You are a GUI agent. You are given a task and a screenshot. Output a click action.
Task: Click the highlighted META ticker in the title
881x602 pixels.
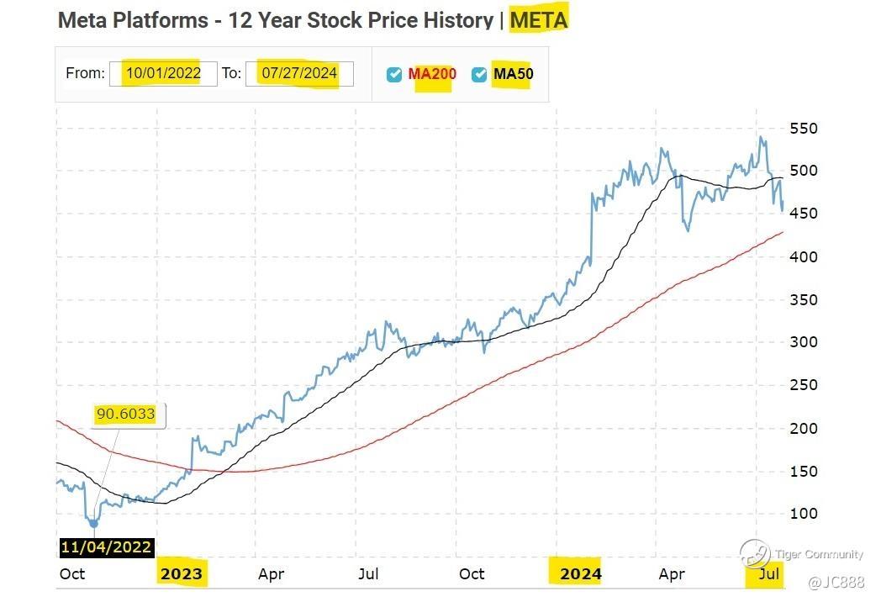click(539, 19)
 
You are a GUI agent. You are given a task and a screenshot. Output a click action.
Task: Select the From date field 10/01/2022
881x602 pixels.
click(164, 73)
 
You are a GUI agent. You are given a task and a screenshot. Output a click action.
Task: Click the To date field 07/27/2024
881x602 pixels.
click(299, 73)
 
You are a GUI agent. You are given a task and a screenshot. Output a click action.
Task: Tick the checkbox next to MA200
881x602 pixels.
click(394, 74)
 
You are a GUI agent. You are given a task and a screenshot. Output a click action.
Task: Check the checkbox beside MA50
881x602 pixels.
click(479, 74)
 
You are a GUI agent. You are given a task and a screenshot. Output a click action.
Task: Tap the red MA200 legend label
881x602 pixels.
click(432, 74)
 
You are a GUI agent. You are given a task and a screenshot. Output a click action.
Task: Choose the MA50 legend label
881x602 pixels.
click(513, 74)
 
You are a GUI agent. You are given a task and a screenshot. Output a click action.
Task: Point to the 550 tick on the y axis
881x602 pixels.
click(804, 129)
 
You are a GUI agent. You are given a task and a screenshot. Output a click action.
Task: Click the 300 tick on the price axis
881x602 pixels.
click(804, 341)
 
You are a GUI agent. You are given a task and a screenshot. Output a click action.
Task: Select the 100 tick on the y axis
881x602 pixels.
click(804, 513)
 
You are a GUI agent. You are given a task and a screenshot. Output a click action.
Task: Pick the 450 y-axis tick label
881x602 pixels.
click(804, 214)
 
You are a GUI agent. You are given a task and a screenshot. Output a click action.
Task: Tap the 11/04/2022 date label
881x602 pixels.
click(106, 547)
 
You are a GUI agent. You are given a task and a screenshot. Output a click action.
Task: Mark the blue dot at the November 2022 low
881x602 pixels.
click(93, 523)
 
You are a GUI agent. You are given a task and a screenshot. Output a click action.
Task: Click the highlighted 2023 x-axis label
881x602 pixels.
click(182, 574)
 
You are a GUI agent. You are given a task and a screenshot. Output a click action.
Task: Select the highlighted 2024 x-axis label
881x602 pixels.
click(580, 574)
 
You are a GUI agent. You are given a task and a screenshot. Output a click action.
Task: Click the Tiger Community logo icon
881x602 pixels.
click(754, 552)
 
